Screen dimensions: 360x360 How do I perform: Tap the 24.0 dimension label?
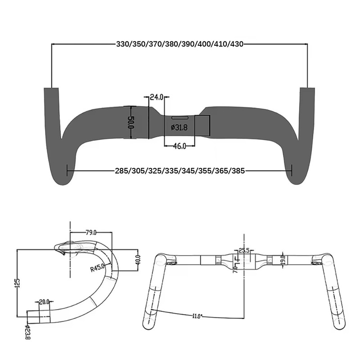[157, 97]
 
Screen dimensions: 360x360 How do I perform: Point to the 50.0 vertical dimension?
[131, 122]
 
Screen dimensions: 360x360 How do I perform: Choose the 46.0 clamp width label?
[180, 145]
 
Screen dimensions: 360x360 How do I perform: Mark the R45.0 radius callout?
[97, 268]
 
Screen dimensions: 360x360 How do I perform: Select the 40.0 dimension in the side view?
[138, 260]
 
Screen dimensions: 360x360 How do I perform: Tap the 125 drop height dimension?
[18, 283]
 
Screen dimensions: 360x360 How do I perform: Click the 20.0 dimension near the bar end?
[44, 302]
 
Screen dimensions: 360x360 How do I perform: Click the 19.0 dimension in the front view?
[282, 260]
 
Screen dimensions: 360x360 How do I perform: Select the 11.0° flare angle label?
[197, 316]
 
